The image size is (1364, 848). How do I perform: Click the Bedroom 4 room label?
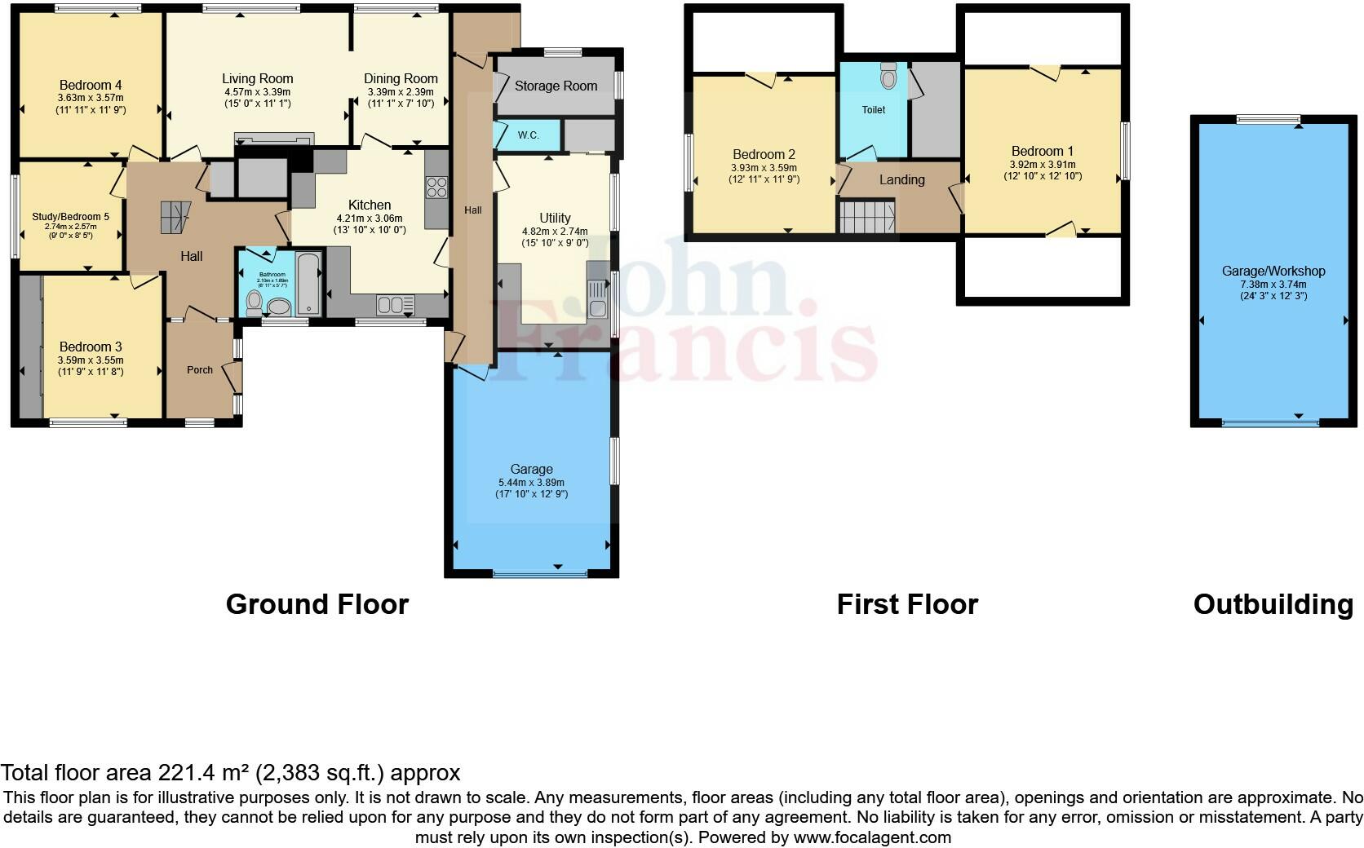click(91, 85)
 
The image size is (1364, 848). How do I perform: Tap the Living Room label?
click(257, 79)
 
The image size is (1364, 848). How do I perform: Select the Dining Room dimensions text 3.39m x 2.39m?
click(401, 92)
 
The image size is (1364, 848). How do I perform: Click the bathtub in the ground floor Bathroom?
click(309, 285)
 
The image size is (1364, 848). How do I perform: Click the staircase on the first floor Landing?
click(867, 218)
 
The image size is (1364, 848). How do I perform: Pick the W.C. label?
click(528, 135)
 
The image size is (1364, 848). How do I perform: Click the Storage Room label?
click(556, 86)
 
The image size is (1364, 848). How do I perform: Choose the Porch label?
click(200, 369)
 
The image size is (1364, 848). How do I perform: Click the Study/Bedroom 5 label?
click(70, 216)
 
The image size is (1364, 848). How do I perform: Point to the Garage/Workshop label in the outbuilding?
click(1273, 271)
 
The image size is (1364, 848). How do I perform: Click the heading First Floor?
click(907, 604)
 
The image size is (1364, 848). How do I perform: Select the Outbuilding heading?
click(1273, 604)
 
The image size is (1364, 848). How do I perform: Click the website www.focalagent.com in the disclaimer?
click(871, 837)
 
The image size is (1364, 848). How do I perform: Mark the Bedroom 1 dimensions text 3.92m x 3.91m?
click(1043, 165)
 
